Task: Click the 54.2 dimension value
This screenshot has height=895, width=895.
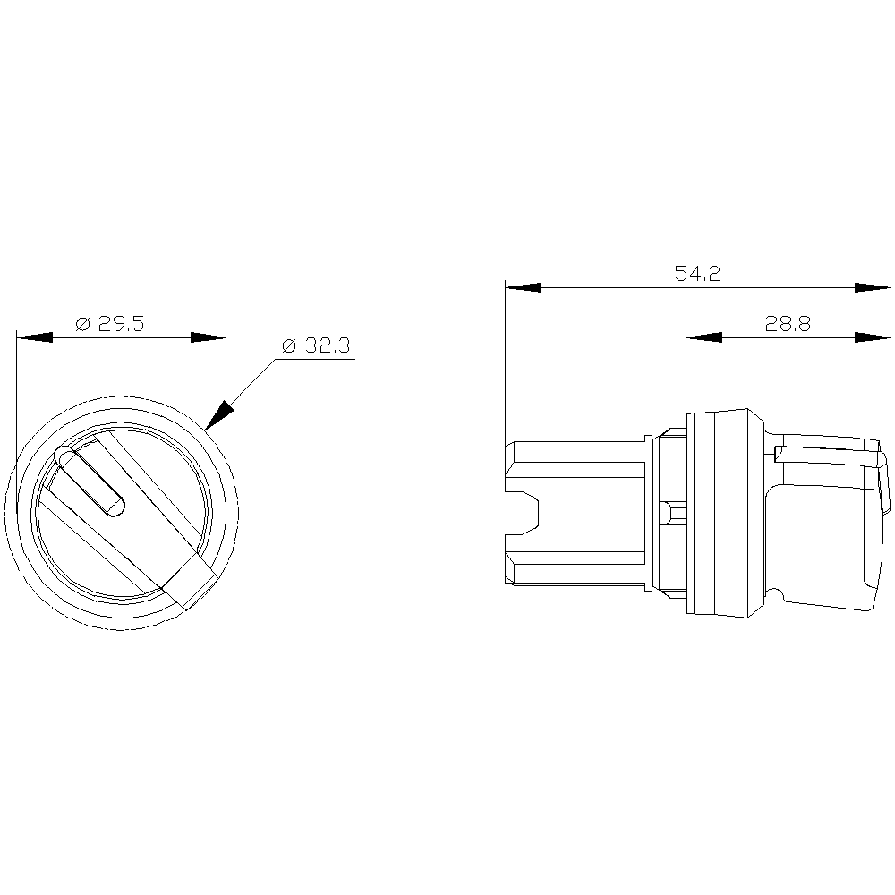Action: click(697, 273)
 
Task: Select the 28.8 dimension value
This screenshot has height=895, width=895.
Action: click(788, 324)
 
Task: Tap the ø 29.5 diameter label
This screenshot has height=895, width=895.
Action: click(110, 324)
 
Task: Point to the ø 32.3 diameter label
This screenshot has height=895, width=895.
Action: click(316, 345)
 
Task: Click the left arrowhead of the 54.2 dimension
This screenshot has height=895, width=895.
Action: click(524, 287)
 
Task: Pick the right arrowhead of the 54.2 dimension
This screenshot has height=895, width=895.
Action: click(873, 287)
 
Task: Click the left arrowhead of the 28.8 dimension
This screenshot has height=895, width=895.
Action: click(703, 338)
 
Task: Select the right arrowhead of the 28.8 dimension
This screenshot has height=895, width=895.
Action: click(873, 338)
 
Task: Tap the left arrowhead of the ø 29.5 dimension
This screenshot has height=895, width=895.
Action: click(35, 338)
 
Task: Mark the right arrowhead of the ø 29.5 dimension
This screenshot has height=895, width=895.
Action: click(209, 338)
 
